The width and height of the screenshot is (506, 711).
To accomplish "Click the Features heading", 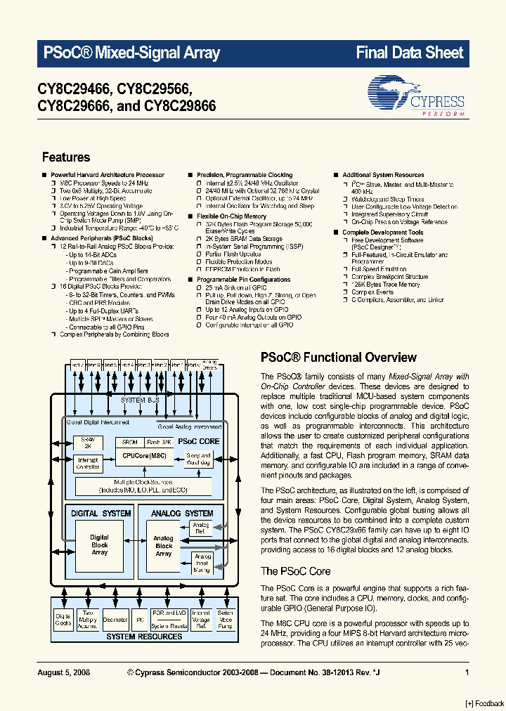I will coord(66,157).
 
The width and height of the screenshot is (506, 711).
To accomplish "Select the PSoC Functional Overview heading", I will coord(338,358).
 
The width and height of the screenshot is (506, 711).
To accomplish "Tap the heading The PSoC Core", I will coord(295,571).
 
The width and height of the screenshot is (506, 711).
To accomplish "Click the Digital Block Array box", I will coord(99,545).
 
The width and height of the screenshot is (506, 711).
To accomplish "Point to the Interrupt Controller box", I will coord(88,463).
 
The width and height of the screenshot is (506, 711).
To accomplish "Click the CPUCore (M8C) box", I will coord(143,456).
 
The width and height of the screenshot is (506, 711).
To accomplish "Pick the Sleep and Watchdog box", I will coord(198,459).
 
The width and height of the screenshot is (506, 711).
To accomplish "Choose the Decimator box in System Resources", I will coord(115,620).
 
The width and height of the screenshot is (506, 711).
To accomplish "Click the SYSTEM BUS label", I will coord(133,400).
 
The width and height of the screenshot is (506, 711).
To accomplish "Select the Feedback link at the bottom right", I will coord(485,703).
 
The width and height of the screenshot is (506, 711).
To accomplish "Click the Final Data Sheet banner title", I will coord(410,53).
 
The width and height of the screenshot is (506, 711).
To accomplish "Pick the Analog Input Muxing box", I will coord(202,563).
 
